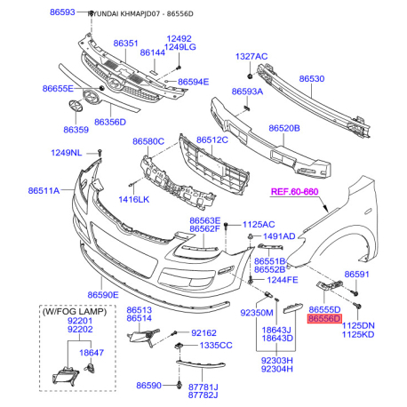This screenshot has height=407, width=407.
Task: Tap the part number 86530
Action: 311,79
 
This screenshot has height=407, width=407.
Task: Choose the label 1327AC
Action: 251,56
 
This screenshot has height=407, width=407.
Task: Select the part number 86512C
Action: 212,140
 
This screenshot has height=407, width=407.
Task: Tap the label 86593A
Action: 247,92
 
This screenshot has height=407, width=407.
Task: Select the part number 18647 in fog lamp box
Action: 92,353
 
